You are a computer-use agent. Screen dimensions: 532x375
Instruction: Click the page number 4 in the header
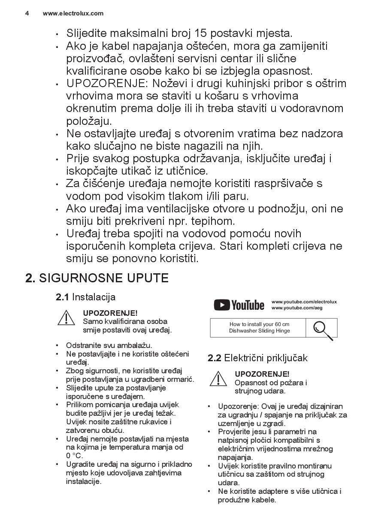27,13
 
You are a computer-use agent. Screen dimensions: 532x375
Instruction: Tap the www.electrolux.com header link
73,13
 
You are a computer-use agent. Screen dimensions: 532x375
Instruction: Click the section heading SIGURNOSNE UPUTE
104,278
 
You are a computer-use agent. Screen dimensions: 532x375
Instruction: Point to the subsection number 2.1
63,297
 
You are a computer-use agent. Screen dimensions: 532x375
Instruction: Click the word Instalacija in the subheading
94,297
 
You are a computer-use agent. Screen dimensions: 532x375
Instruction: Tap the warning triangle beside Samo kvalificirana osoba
67,317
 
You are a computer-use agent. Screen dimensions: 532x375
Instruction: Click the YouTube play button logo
221,305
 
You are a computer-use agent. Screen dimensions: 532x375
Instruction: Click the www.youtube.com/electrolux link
304,302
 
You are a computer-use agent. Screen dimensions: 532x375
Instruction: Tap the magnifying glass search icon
322,329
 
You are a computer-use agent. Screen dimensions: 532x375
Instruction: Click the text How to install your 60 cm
259,324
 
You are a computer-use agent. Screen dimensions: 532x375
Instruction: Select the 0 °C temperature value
74,456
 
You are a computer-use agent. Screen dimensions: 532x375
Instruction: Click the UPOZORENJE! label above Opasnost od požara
262,374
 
